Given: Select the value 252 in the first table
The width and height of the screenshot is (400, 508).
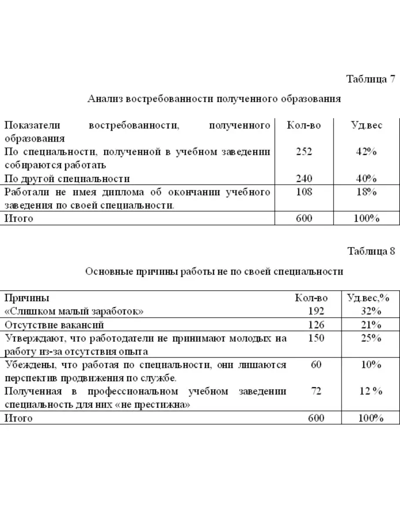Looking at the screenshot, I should (x=304, y=152).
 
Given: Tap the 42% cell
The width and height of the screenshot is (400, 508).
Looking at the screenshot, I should (x=366, y=152).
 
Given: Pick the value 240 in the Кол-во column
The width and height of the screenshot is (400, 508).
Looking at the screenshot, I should (x=304, y=179).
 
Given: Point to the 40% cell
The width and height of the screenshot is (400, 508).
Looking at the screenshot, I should (x=366, y=179).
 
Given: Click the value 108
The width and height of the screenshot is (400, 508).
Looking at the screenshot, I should (x=304, y=192).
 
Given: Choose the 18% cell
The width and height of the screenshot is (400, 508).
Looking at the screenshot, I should (x=366, y=192).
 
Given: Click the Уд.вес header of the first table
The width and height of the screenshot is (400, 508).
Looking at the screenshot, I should (x=367, y=125).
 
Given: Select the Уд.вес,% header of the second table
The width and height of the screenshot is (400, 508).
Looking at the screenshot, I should (x=368, y=298).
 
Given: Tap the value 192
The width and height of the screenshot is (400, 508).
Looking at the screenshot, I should (x=316, y=311).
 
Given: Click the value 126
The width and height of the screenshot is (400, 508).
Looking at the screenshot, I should (x=316, y=325).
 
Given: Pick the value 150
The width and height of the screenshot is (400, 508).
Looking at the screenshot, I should (x=316, y=338).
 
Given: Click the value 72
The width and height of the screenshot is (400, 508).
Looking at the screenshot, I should (x=316, y=391).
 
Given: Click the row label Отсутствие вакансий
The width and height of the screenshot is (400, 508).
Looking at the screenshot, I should (x=54, y=325).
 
